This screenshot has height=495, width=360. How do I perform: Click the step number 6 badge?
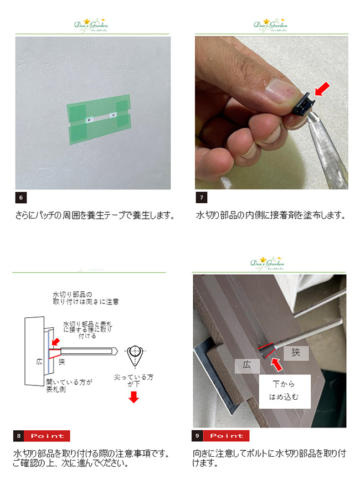21,198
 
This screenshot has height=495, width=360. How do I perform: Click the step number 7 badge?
202,198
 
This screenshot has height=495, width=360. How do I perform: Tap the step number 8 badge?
19,436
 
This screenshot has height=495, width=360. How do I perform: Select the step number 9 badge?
197,436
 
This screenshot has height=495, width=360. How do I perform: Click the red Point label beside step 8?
47,436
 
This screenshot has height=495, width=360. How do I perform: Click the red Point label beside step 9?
226,436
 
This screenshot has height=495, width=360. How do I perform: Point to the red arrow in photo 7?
322,89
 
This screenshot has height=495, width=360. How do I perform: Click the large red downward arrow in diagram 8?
134,397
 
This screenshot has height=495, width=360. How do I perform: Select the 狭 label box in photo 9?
296,353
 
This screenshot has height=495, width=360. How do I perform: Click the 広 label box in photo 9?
247,366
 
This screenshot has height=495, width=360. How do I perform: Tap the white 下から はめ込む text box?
285,391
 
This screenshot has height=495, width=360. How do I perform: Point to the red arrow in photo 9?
277,364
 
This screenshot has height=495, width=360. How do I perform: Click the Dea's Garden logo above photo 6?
91,25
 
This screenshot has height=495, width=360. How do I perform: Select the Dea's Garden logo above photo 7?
271,25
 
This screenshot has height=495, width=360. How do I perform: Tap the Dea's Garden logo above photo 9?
267,264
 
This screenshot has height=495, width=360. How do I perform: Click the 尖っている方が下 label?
134,380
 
